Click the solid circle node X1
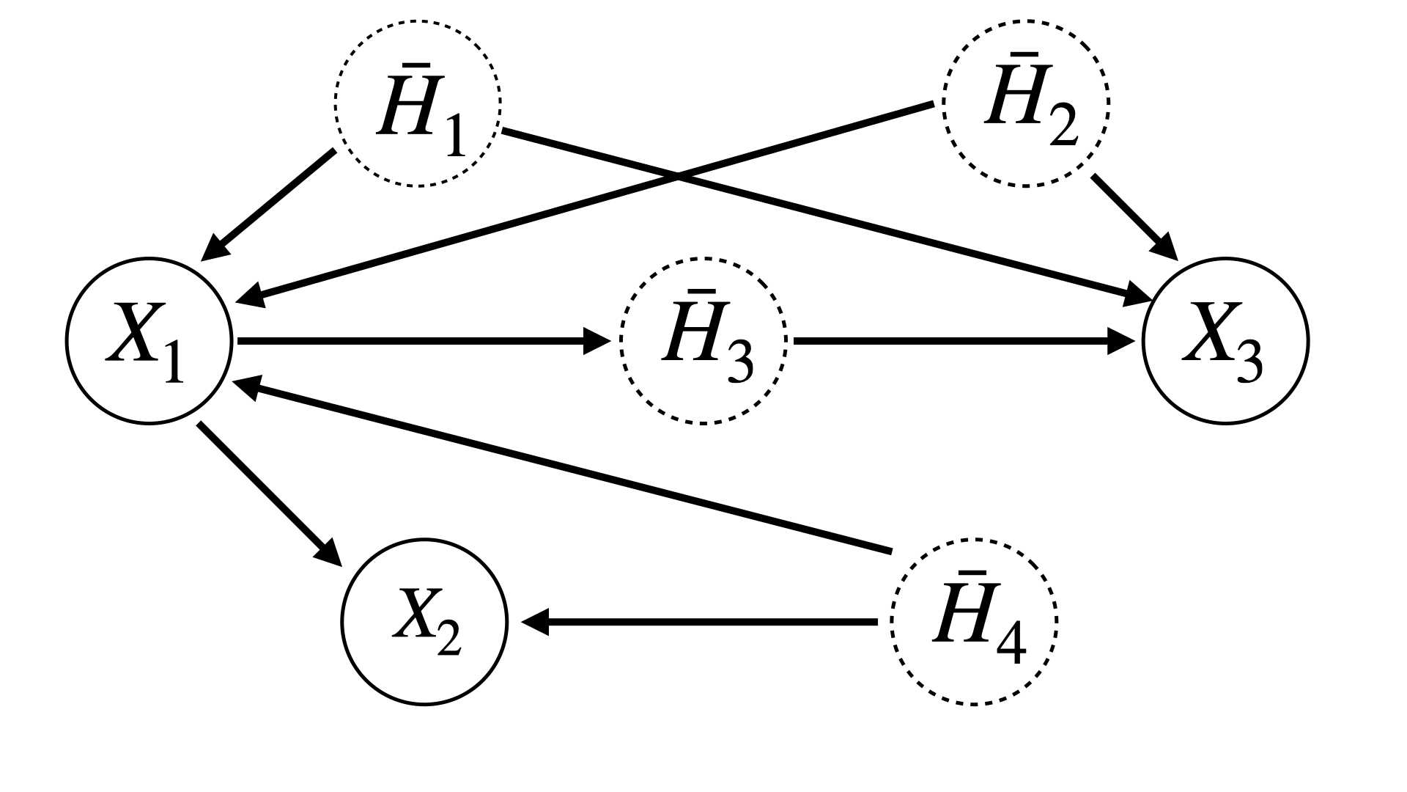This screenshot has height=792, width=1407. click(x=149, y=340)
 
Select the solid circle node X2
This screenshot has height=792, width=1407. click(x=424, y=622)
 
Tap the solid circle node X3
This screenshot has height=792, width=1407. click(x=1225, y=340)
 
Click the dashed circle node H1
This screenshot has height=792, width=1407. click(x=418, y=103)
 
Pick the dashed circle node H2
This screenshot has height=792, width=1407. click(x=1026, y=103)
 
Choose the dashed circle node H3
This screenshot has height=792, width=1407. click(x=703, y=340)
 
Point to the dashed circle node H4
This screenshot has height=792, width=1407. click(x=974, y=622)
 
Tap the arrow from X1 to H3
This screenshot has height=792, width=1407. click(x=418, y=340)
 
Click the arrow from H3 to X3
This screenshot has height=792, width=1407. click(x=960, y=340)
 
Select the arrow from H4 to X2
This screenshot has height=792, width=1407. click(x=696, y=622)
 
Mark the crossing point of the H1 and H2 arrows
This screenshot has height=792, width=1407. click(x=678, y=176)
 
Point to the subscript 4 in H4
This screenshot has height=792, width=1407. click(x=1012, y=646)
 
